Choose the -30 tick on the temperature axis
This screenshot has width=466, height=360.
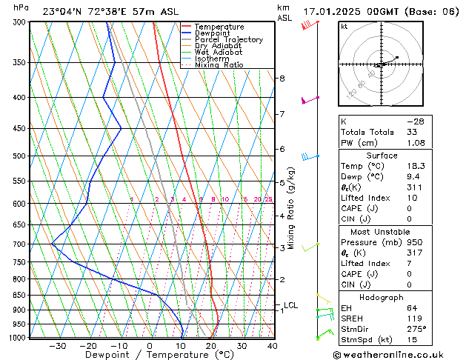click(58, 346)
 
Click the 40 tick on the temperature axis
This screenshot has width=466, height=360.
click(273, 346)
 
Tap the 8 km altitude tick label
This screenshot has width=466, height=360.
click(282, 78)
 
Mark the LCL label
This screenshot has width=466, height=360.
click(290, 305)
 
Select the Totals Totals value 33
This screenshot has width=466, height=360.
click(411, 132)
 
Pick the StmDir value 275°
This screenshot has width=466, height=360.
click(416, 329)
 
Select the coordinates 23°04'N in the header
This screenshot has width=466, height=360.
click(65, 11)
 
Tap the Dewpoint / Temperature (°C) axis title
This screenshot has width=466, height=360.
click(149, 355)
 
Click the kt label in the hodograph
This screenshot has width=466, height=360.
click(344, 27)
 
